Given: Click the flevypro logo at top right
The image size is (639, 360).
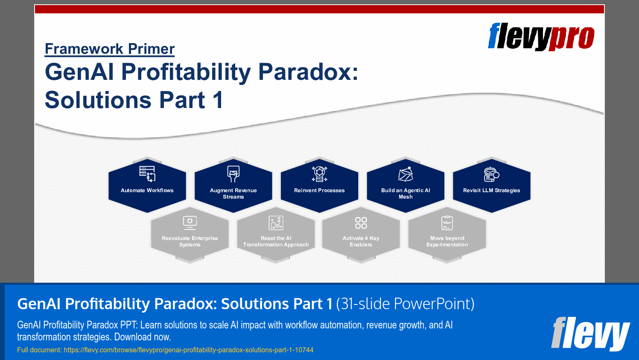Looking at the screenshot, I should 541,37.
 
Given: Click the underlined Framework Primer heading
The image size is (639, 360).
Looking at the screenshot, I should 110,49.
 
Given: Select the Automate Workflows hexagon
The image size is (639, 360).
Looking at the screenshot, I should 147,186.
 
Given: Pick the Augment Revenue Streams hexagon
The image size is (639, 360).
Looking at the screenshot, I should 233,186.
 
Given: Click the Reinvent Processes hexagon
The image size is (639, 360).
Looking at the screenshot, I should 319,186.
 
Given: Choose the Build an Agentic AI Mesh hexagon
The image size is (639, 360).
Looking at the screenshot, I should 406,186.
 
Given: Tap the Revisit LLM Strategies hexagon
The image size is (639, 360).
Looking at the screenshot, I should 491,186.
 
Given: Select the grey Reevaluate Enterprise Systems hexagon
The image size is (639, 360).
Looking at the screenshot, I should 190,235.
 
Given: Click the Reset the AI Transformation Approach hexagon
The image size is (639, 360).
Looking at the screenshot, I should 276,235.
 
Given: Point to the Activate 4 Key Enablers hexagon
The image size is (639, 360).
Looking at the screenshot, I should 361,235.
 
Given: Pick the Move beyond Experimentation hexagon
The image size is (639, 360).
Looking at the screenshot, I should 447,235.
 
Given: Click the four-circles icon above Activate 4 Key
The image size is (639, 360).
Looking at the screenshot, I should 361,222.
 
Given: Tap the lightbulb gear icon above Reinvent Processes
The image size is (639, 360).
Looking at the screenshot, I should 319,174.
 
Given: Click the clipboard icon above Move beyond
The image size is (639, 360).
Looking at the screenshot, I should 447,222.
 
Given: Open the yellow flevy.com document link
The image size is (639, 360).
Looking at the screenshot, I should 188,350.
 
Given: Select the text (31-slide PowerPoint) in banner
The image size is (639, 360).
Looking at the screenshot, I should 405,304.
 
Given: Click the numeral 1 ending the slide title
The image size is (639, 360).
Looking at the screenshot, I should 218,100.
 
